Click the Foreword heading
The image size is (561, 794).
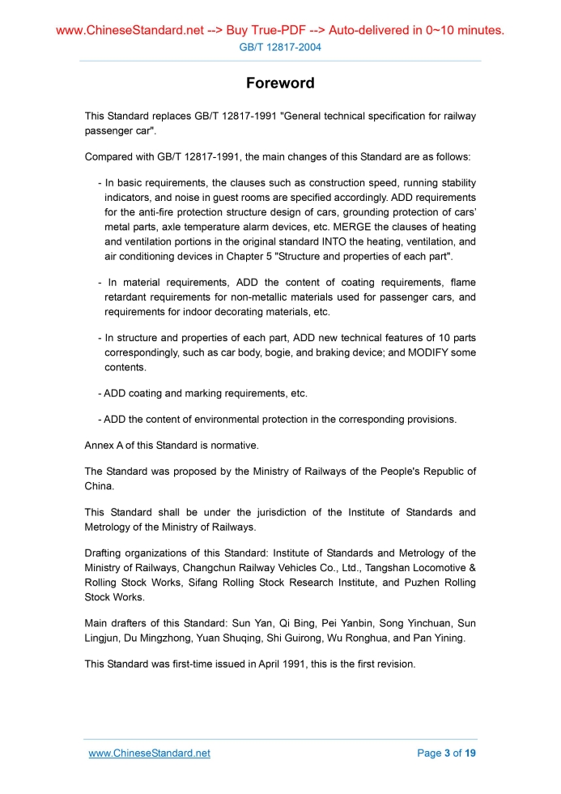280,83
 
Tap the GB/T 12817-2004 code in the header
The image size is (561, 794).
280,47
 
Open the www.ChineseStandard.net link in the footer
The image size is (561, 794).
149,753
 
